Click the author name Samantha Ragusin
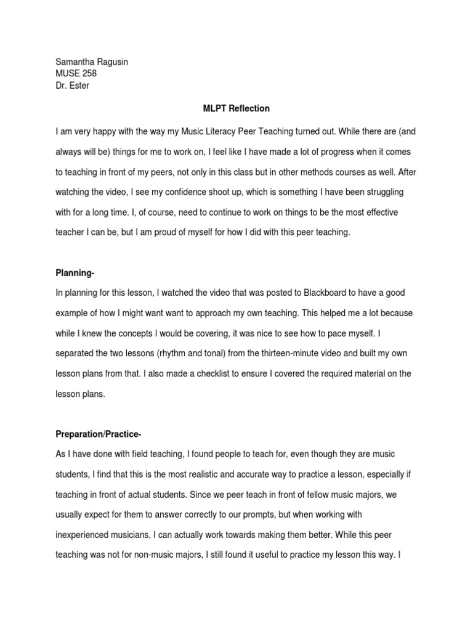click(x=92, y=62)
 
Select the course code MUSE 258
click(x=76, y=74)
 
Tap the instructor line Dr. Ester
click(x=72, y=86)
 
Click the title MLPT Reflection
click(x=236, y=108)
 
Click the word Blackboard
click(x=325, y=293)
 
